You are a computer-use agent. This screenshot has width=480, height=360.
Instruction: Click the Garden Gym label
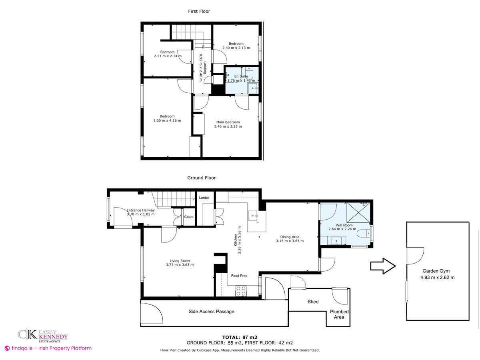436,271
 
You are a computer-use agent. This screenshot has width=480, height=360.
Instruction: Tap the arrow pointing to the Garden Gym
383,266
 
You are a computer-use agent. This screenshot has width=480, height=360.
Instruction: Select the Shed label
313,302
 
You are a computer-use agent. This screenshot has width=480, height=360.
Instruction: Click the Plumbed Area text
339,314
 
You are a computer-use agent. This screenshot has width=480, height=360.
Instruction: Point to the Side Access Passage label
211,312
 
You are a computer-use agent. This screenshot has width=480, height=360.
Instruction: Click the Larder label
204,198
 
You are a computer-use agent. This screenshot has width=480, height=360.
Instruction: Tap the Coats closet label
188,217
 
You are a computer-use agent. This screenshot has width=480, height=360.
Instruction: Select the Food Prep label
239,276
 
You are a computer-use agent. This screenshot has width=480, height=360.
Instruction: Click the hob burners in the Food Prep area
241,291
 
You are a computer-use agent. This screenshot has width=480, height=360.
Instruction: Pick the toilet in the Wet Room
363,234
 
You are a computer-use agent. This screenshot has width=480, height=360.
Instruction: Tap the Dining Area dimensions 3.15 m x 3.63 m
290,241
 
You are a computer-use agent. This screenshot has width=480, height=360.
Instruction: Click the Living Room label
180,260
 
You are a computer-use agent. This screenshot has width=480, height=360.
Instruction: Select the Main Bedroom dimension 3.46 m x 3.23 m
228,126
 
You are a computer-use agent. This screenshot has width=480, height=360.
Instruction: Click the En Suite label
241,76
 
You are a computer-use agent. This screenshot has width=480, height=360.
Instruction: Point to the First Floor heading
199,11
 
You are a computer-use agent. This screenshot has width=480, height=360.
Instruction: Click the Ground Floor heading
202,178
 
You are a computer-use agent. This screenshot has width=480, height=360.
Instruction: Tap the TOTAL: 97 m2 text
240,337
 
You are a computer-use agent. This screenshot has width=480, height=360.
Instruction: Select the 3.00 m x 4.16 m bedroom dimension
167,120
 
